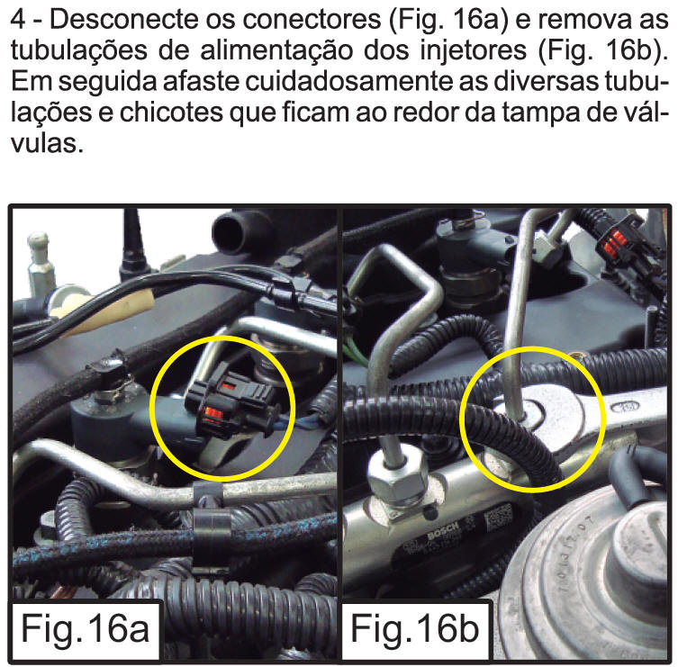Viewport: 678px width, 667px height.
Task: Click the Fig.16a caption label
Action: (86, 629)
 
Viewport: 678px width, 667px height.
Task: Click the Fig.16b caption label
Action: (416, 629)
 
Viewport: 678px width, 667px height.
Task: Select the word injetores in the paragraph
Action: (474, 51)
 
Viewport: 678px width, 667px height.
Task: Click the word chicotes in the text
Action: (171, 113)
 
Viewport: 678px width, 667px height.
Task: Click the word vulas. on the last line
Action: (47, 144)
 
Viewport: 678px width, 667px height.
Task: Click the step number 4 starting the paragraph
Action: (18, 20)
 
